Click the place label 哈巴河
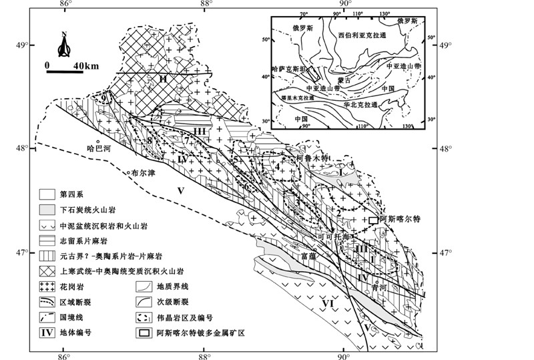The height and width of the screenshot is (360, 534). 97,150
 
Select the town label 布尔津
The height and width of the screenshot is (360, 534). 144,172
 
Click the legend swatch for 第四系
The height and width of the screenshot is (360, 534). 45,194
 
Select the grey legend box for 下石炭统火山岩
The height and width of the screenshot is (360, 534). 45,209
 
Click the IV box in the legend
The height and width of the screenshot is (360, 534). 45,331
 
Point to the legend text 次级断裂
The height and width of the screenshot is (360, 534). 170,301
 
